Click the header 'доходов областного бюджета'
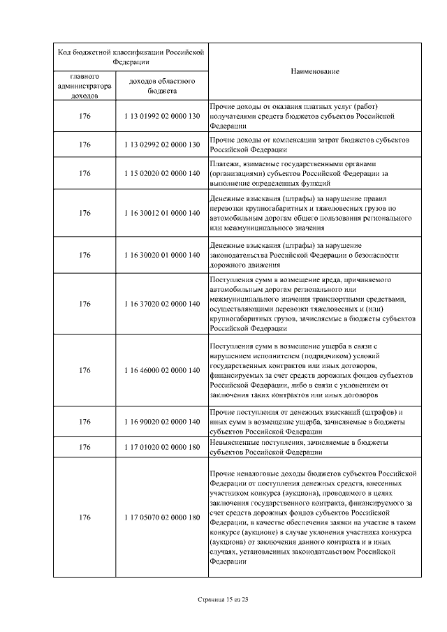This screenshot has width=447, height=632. pyautogui.click(x=161, y=85)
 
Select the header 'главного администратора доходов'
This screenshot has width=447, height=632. pyautogui.click(x=85, y=85)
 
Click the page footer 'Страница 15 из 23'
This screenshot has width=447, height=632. pyautogui.click(x=223, y=600)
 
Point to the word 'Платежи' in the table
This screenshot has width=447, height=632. pyautogui.click(x=224, y=163)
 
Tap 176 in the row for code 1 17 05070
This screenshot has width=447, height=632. pyautogui.click(x=85, y=517)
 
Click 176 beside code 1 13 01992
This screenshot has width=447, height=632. pyautogui.click(x=85, y=116)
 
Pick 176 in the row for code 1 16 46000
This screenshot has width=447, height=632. pyautogui.click(x=85, y=369)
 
